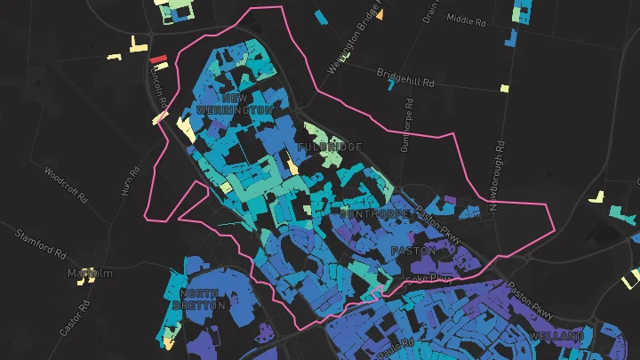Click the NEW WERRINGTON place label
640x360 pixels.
point(235,103)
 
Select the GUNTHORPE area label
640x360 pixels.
point(374,214)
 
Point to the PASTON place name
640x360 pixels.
point(413,252)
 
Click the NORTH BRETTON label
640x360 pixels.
point(204,299)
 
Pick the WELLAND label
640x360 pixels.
point(556,336)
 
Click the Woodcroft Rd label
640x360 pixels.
point(65,185)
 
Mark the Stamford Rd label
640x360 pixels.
point(41,243)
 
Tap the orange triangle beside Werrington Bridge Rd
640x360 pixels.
point(380,14)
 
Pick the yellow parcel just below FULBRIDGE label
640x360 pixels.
point(291,164)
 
